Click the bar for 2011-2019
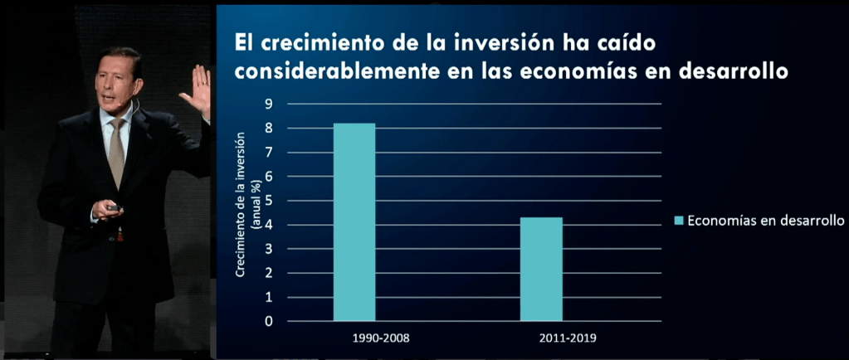click(541, 269)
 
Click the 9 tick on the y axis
click(268, 105)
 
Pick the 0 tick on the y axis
click(268, 321)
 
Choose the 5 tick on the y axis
click(268, 201)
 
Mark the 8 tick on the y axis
click(268, 129)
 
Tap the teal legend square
click(678, 221)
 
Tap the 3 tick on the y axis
click(268, 249)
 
